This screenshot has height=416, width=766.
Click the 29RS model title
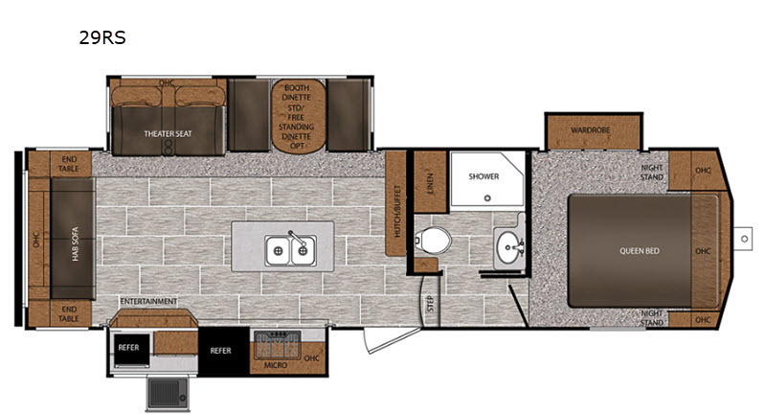coord(102,37)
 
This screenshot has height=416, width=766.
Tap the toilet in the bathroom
coord(433,241)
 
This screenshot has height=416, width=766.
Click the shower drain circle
coord(487,198)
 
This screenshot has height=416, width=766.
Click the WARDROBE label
coord(590,130)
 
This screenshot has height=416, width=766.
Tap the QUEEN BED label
coord(640,251)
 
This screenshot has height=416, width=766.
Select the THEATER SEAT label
coord(168,133)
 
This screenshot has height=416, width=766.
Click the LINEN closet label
coord(430,183)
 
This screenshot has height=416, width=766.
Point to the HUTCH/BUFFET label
coord(396,211)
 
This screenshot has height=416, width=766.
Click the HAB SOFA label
coord(76,243)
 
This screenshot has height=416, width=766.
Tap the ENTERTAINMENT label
coord(148,301)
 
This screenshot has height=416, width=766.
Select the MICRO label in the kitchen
coord(276,365)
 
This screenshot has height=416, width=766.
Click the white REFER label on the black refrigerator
coord(220,351)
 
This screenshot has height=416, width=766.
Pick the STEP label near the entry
coord(430,304)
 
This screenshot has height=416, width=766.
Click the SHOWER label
coord(484,176)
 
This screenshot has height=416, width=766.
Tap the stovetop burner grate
coord(277,344)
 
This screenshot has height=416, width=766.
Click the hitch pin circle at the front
coord(744,239)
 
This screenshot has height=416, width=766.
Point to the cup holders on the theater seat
coord(169,146)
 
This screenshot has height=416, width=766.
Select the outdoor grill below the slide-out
coord(167,393)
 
